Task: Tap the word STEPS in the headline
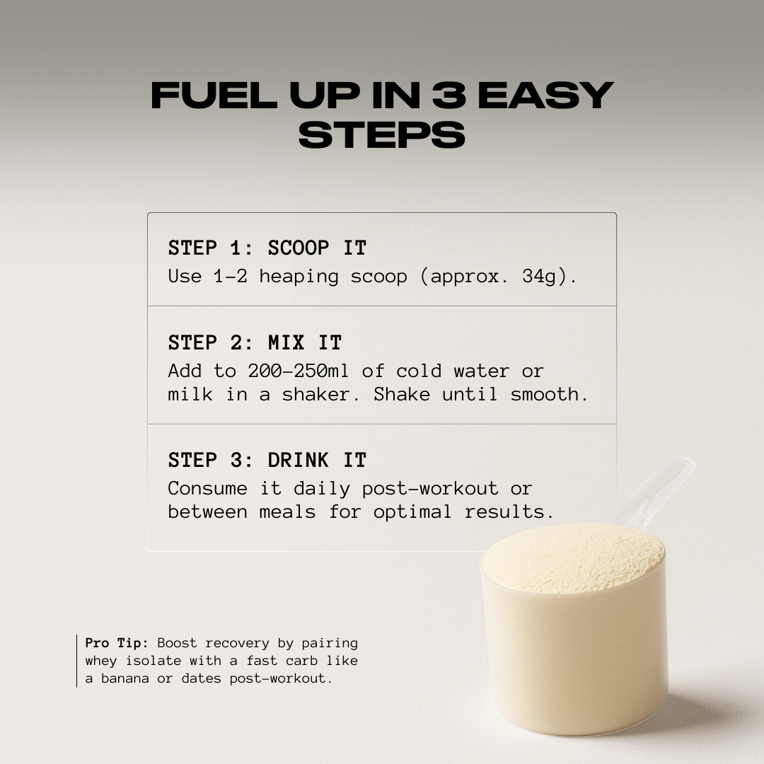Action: click(x=382, y=135)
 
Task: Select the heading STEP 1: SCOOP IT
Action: click(x=267, y=248)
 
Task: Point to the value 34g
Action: click(x=544, y=276)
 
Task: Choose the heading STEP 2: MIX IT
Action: click(x=255, y=343)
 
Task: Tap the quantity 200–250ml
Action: click(x=298, y=371)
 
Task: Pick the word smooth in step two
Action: click(x=548, y=394)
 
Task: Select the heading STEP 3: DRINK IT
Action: click(x=267, y=461)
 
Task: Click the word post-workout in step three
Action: click(x=430, y=488)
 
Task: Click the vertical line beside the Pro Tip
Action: click(x=77, y=661)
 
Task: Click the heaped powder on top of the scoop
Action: click(x=573, y=555)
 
